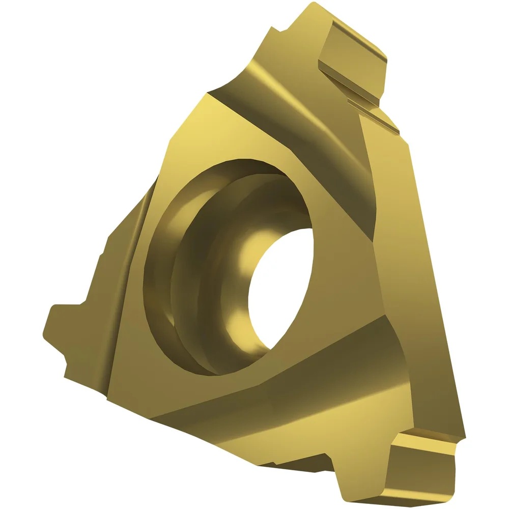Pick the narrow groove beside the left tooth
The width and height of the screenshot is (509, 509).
coord(122,285)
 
